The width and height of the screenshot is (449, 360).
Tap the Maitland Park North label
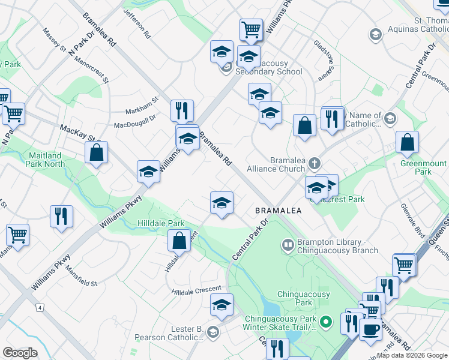click(x=46, y=160)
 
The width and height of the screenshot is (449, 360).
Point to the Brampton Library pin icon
click(x=288, y=245)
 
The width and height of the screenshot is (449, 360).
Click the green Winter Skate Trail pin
click(x=326, y=322)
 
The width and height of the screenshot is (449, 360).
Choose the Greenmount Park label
click(x=423, y=167)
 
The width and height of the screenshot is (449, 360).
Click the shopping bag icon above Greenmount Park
click(x=407, y=143)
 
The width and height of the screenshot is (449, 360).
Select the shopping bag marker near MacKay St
click(x=96, y=154)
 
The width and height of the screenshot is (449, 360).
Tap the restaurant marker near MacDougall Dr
click(x=181, y=111)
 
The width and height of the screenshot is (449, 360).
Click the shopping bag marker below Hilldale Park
click(x=180, y=241)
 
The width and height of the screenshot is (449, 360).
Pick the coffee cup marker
click(x=370, y=329)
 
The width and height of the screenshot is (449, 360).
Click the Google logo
click(x=20, y=353)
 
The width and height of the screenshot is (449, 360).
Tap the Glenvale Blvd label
click(x=416, y=221)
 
